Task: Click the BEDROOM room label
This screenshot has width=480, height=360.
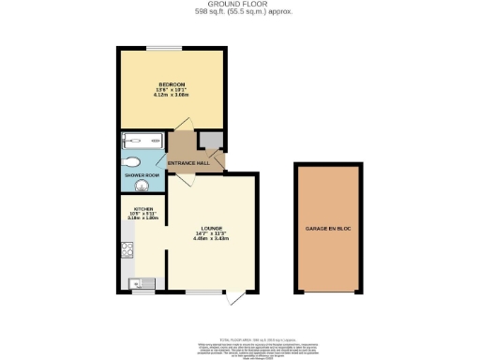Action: pyautogui.click(x=171, y=84)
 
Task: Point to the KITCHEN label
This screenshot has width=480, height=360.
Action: pyautogui.click(x=142, y=209)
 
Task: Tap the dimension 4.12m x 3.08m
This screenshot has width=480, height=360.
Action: pyautogui.click(x=171, y=96)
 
